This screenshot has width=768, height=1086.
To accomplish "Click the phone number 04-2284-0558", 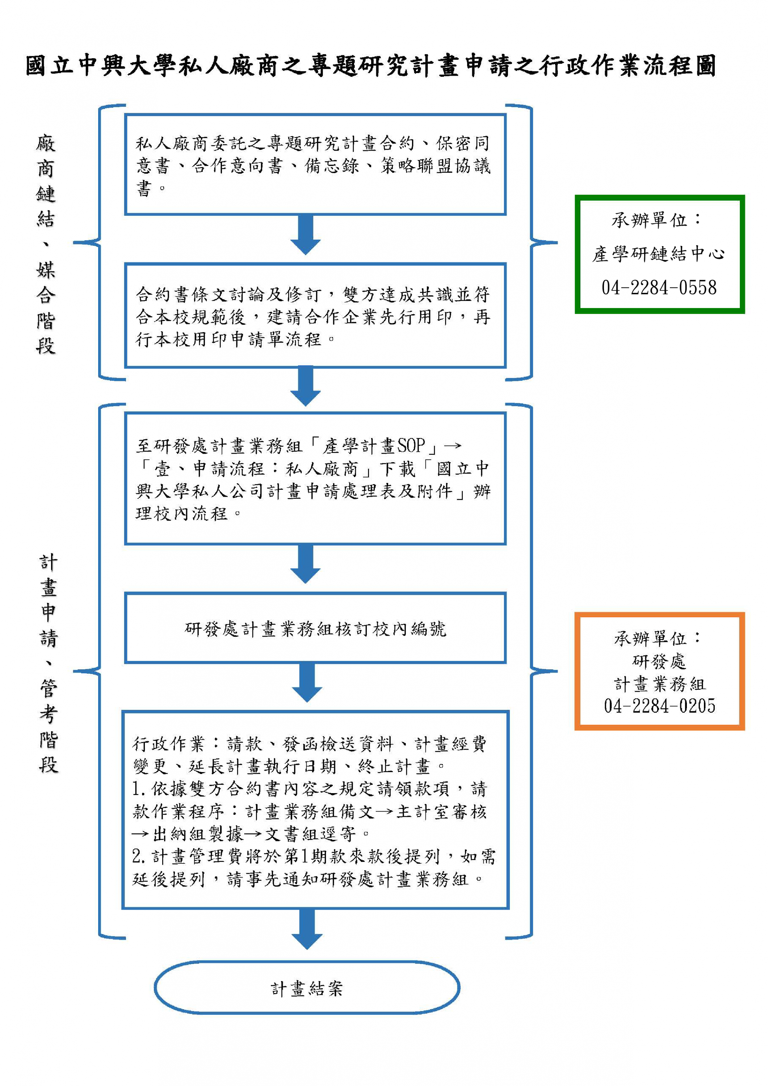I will click(x=659, y=287).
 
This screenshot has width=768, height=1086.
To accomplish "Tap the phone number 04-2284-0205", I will click(x=659, y=707).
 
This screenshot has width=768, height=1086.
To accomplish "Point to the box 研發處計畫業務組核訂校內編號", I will click(x=315, y=628).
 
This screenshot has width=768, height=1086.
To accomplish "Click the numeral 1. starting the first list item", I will click(x=139, y=788).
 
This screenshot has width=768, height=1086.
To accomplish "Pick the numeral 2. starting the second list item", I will click(x=139, y=856).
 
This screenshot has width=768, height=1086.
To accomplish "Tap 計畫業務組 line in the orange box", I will click(x=659, y=684).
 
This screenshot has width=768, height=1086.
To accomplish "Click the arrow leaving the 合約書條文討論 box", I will click(x=306, y=386).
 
